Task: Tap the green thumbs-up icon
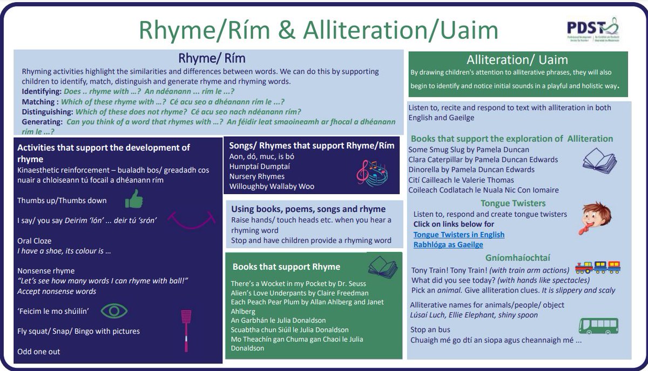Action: pyautogui.click(x=134, y=199)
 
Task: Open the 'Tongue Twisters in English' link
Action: pyautogui.click(x=459, y=235)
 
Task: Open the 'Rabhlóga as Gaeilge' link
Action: pyautogui.click(x=448, y=244)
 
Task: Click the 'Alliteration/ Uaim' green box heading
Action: pyautogui.click(x=518, y=60)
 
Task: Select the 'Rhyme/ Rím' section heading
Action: pyautogui.click(x=208, y=58)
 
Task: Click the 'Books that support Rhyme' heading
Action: pyautogui.click(x=286, y=267)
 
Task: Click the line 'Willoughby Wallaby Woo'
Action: pyautogui.click(x=272, y=186)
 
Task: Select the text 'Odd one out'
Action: pyautogui.click(x=39, y=352)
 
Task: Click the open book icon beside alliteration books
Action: pyautogui.click(x=599, y=161)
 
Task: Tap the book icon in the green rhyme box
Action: pyautogui.click(x=382, y=266)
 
